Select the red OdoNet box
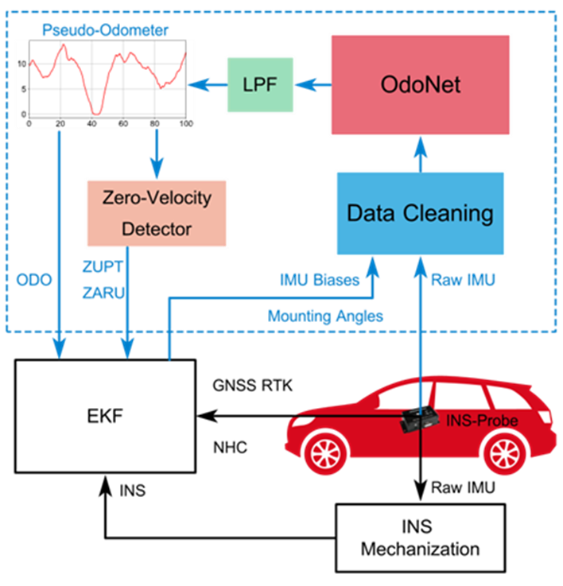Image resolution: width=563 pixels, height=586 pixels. pyautogui.click(x=421, y=83)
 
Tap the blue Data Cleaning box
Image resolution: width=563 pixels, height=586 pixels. pyautogui.click(x=421, y=213)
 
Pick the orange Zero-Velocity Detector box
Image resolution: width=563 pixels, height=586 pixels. pyautogui.click(x=157, y=212)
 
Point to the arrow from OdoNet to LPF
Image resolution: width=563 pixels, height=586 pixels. pyautogui.click(x=313, y=83)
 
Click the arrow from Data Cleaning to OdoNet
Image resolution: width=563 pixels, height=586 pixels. pyautogui.click(x=421, y=154)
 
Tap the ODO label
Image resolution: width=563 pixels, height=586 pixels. pyautogui.click(x=33, y=281)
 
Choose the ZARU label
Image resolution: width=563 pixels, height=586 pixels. pyautogui.click(x=102, y=293)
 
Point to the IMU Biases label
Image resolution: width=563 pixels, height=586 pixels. pyautogui.click(x=318, y=280)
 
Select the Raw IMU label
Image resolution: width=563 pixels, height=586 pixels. pyautogui.click(x=463, y=280)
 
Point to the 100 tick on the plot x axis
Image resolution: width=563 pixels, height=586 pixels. pyautogui.click(x=186, y=124)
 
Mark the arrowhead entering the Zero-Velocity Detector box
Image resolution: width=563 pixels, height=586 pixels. pyautogui.click(x=157, y=169)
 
